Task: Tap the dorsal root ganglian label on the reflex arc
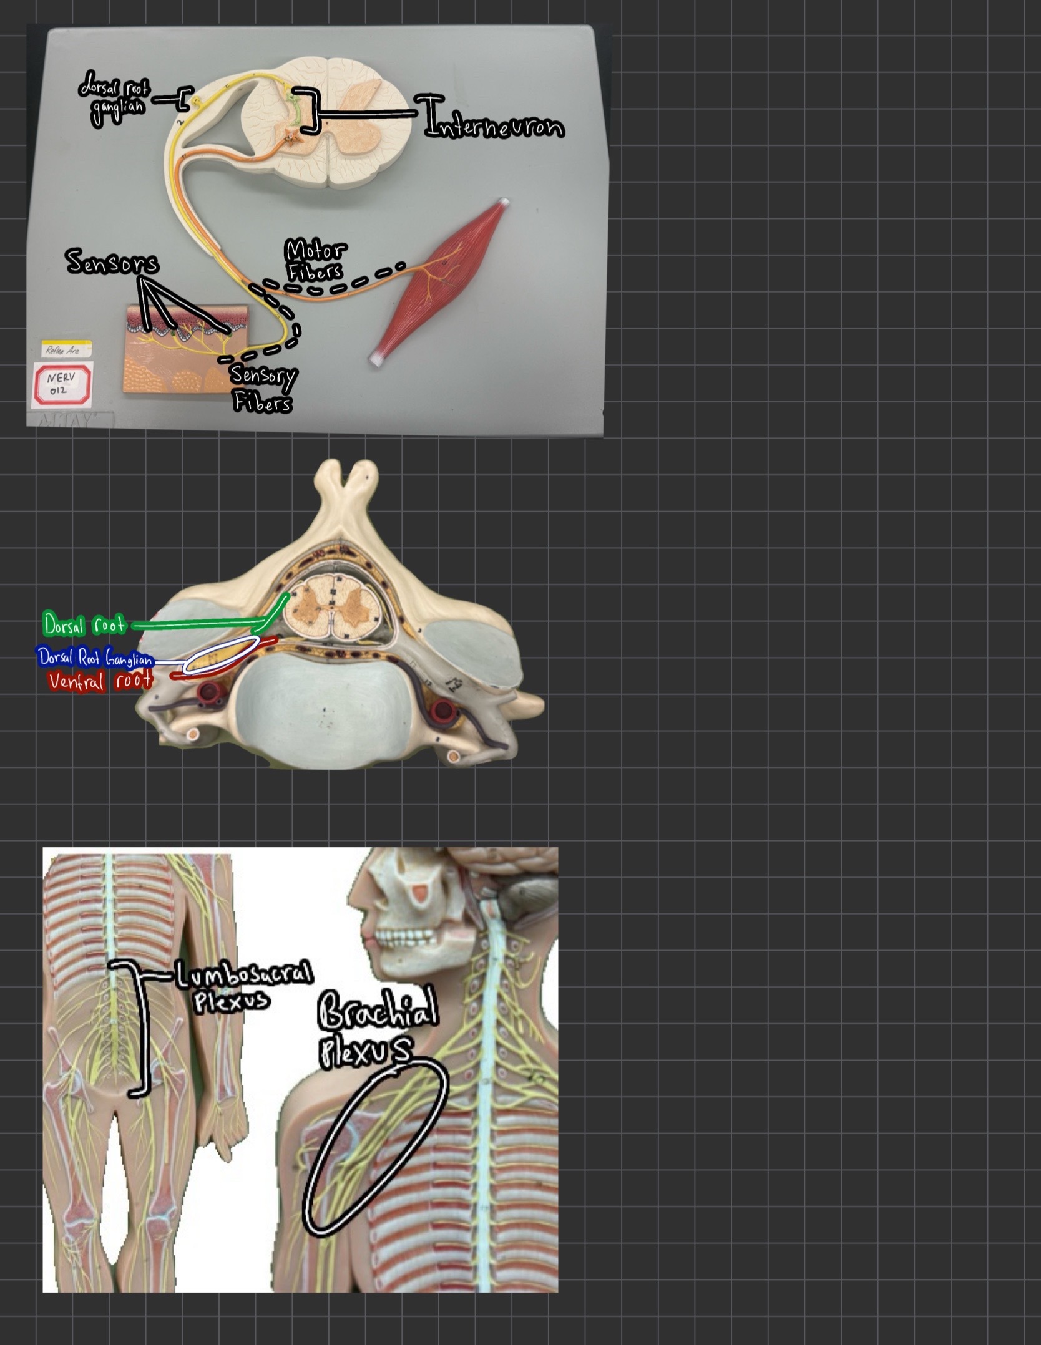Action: coord(114,98)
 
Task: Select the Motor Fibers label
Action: coord(316,260)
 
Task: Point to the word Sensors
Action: coord(112,262)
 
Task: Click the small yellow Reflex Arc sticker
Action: coord(67,349)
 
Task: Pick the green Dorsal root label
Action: coord(84,624)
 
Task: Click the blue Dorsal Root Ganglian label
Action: coord(95,658)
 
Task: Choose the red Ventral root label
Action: coord(100,680)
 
